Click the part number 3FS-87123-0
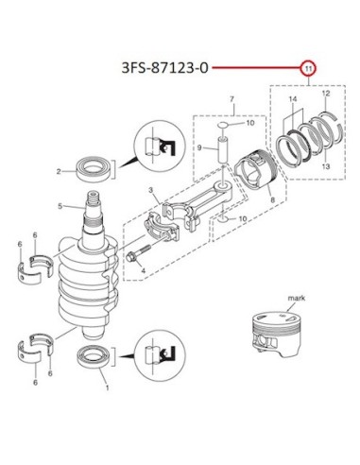(165, 68)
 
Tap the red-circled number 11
(308, 68)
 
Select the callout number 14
(293, 99)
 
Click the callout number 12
(326, 94)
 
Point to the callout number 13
(326, 165)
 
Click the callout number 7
(231, 99)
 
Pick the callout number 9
(199, 147)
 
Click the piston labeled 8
(257, 170)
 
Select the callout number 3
(151, 190)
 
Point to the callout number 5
(60, 206)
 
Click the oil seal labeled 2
(94, 169)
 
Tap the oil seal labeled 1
(94, 356)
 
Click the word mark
(297, 298)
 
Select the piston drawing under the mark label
(276, 335)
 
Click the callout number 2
(59, 172)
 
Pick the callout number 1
(107, 387)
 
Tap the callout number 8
(273, 199)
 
